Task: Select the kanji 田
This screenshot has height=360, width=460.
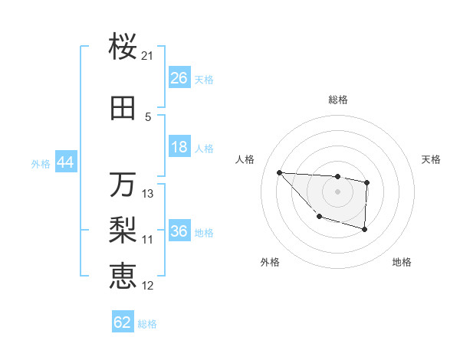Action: (x=123, y=109)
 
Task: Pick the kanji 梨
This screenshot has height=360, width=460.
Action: (x=123, y=231)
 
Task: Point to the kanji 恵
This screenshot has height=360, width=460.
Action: (x=123, y=277)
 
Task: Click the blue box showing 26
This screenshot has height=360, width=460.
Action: (x=179, y=79)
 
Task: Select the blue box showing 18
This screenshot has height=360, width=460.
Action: (x=179, y=148)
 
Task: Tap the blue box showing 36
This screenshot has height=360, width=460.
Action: (x=179, y=232)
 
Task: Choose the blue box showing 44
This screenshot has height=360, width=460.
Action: (x=65, y=163)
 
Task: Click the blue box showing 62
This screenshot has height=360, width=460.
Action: (x=123, y=322)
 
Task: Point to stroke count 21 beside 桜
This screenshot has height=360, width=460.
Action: (x=148, y=56)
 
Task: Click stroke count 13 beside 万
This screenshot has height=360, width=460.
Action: (x=148, y=194)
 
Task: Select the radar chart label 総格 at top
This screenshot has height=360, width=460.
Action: (x=337, y=100)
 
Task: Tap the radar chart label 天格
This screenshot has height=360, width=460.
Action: (x=432, y=159)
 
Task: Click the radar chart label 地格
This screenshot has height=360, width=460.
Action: (x=402, y=262)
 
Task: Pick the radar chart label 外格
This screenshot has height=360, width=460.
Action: (x=270, y=262)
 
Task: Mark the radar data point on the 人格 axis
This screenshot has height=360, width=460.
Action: (x=279, y=172)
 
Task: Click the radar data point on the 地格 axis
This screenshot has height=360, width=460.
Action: (x=365, y=229)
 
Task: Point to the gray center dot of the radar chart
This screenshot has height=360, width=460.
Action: (x=337, y=191)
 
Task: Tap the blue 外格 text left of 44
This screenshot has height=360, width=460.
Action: (x=41, y=164)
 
